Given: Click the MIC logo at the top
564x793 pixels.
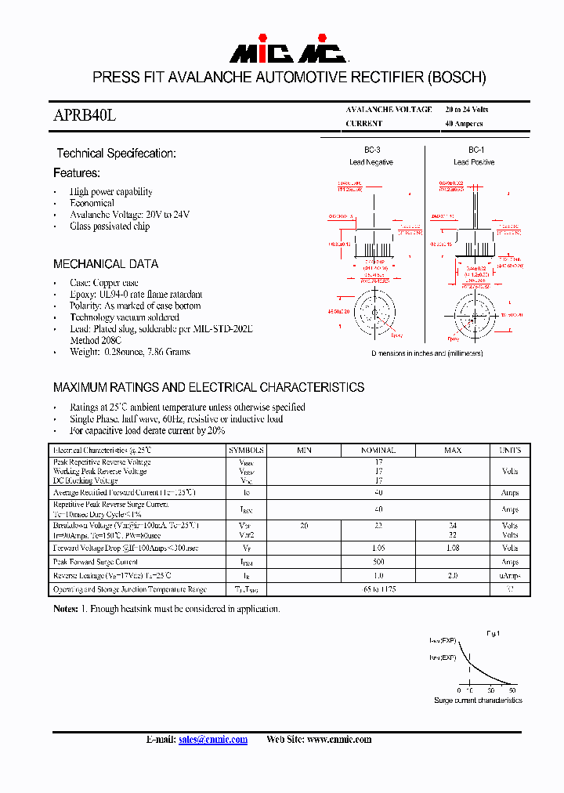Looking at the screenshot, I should [x=287, y=53].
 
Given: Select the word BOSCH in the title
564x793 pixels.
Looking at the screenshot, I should [x=457, y=78].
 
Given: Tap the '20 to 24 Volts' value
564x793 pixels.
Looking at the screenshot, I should [x=466, y=110].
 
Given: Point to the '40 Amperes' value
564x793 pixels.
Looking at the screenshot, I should [x=464, y=124].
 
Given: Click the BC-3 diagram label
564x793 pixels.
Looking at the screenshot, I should [x=371, y=150].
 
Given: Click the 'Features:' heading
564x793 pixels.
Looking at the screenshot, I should [x=77, y=172].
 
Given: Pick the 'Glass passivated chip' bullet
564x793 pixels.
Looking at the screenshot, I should [x=110, y=226].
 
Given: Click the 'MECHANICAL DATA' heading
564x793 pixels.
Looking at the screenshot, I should [x=106, y=264].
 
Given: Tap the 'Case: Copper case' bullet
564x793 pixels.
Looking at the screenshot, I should [x=103, y=283].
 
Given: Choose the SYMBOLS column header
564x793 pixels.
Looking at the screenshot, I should [x=246, y=451].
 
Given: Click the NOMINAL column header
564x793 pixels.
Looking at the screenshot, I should [x=378, y=451].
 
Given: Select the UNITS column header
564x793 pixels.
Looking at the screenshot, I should [x=509, y=451].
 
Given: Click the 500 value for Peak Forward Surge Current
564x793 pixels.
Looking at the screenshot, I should [x=378, y=562].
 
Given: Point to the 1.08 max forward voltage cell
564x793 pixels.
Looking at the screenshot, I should [x=453, y=549].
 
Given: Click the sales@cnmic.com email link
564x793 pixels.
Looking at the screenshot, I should [x=212, y=740].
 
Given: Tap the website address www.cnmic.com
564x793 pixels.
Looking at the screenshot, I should [x=339, y=740].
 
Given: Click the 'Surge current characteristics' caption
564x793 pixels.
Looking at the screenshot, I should [x=478, y=700].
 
